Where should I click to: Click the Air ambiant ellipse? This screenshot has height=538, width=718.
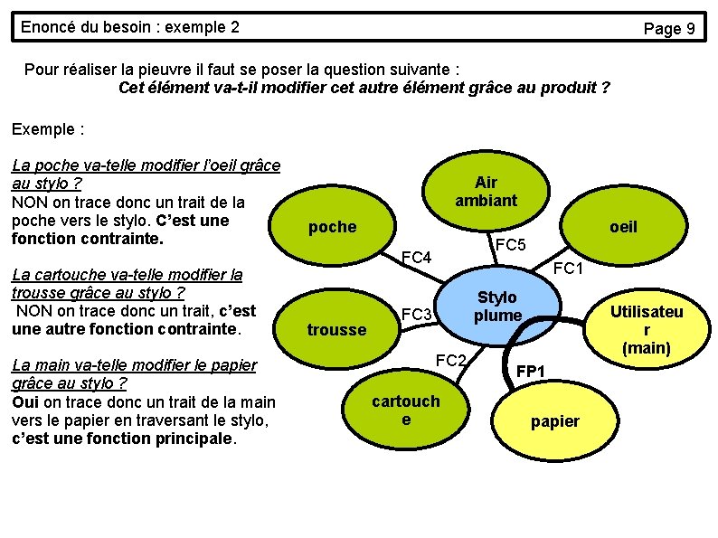[x=486, y=192]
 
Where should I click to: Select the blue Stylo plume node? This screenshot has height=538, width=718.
[x=496, y=306]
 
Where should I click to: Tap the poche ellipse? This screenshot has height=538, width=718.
[x=333, y=227]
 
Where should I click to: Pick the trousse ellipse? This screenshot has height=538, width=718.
[x=336, y=329]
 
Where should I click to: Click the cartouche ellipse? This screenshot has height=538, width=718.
[x=406, y=410]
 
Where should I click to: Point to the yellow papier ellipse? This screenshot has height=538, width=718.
[x=555, y=420]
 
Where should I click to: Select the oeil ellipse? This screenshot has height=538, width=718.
[x=623, y=227]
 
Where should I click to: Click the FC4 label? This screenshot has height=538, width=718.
[x=417, y=259]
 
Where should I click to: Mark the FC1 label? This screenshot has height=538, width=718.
[x=569, y=268]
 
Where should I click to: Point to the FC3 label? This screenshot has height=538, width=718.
[x=417, y=315]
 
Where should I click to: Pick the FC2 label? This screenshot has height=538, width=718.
[x=450, y=361]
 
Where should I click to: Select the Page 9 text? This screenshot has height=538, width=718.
[x=668, y=29]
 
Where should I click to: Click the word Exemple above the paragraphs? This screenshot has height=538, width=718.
[x=43, y=129]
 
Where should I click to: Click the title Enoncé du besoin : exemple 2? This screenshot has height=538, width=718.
[x=130, y=27]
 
